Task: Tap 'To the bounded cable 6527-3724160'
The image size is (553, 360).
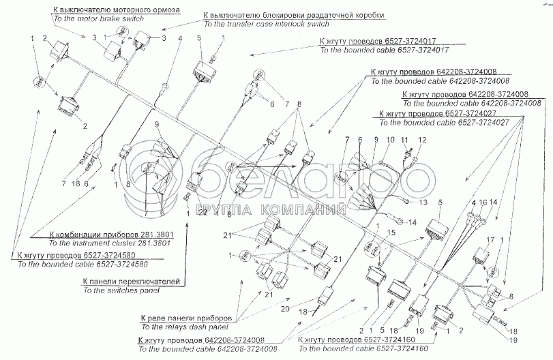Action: click(x=355, y=348)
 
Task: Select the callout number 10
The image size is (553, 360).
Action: click(x=391, y=140)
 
